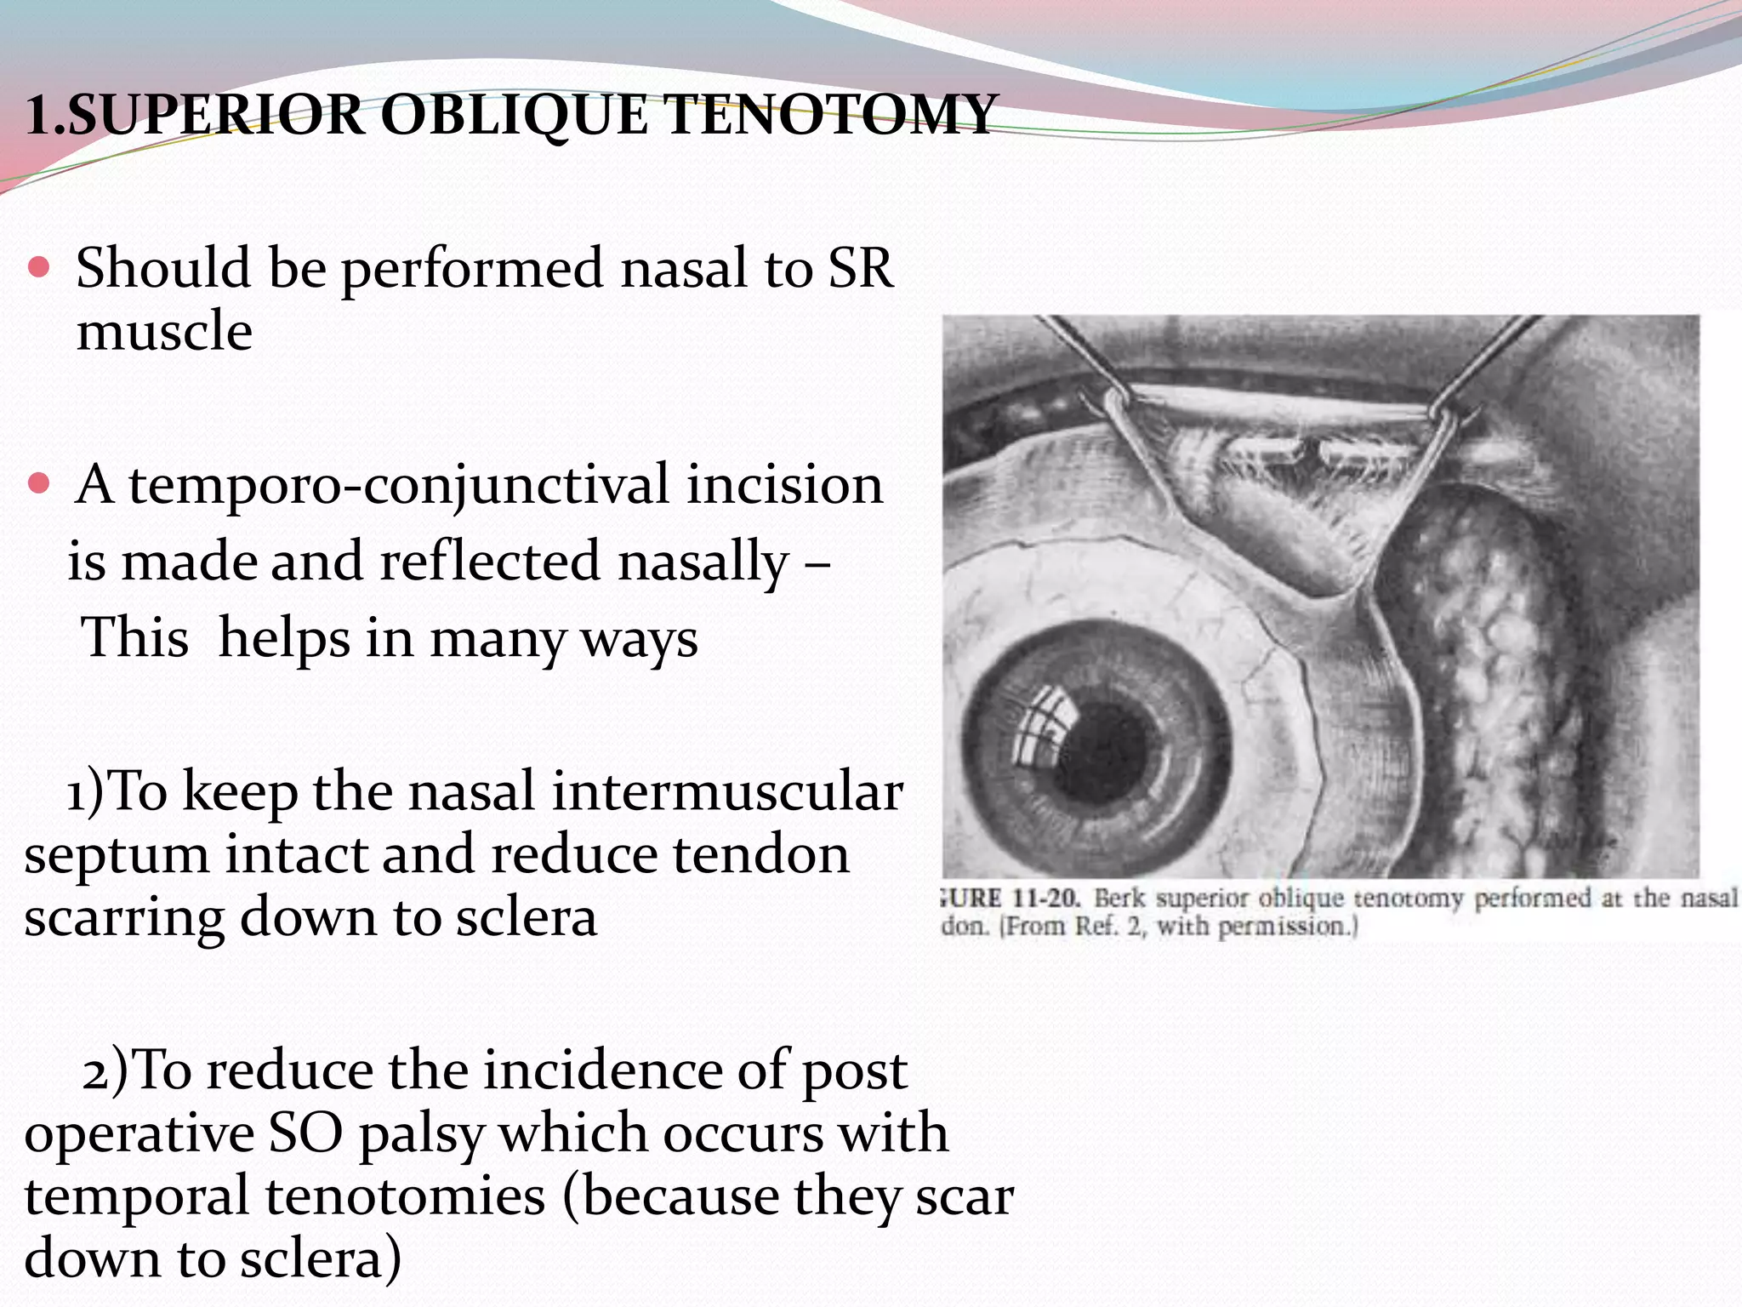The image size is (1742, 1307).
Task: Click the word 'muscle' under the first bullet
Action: [x=164, y=331]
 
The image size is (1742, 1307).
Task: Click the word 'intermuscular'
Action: [x=727, y=791]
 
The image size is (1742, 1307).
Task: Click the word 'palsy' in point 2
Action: [x=421, y=1134]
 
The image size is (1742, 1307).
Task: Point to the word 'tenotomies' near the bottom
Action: [x=404, y=1196]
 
